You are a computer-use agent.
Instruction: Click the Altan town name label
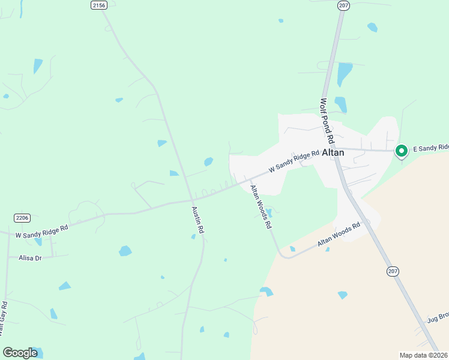[333, 152]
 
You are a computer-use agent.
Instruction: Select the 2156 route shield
[99, 5]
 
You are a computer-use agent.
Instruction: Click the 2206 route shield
[22, 217]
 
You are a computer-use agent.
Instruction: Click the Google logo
[20, 352]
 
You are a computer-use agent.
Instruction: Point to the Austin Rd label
[197, 220]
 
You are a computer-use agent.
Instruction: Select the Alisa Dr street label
[30, 257]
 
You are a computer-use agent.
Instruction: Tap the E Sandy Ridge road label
[430, 148]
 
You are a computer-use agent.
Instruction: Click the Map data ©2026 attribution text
[423, 355]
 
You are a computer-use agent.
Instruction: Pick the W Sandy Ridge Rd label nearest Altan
[294, 162]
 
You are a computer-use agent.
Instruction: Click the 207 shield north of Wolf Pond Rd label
[343, 5]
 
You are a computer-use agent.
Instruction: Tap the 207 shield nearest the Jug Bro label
[393, 271]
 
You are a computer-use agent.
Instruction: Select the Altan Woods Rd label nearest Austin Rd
[261, 207]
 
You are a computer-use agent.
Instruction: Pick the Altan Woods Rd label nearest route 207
[339, 233]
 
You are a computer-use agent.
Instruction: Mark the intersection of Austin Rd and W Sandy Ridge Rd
[191, 200]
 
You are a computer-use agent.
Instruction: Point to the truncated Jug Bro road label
[438, 317]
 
